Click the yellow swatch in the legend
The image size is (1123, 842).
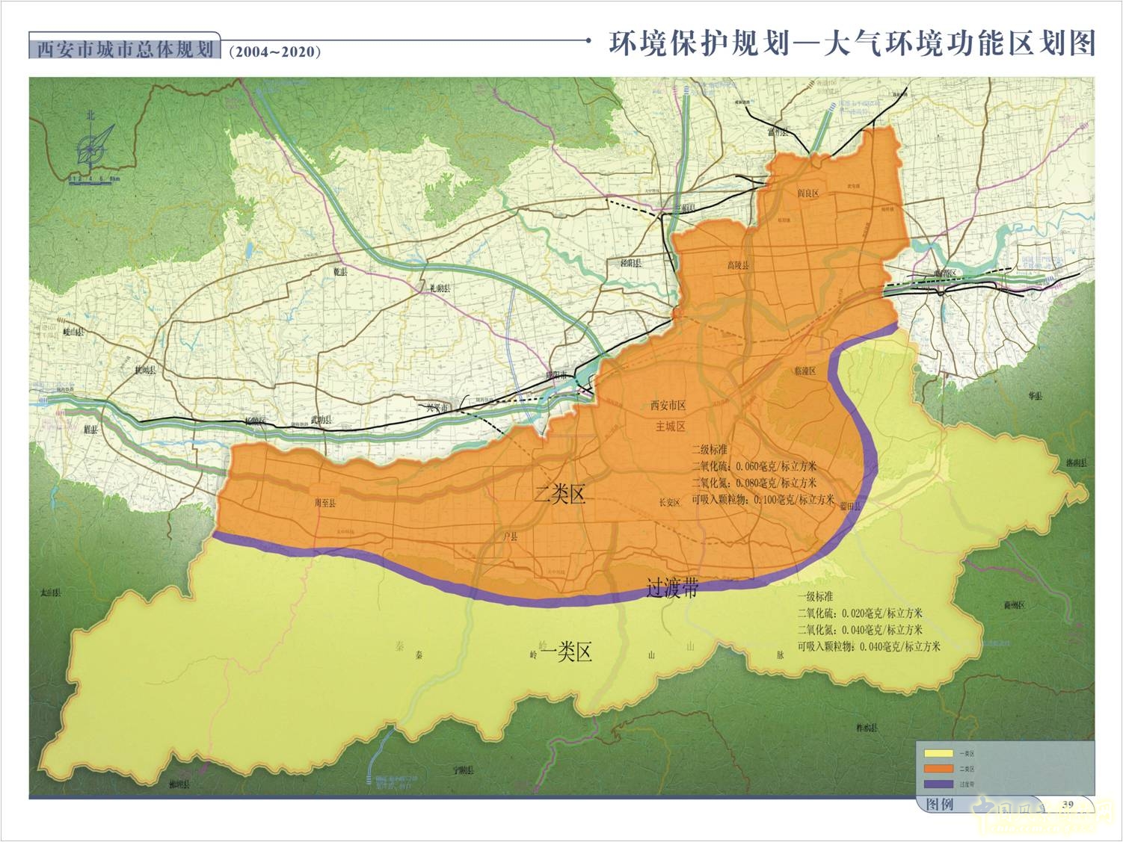939,754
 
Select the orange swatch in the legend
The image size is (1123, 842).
939,769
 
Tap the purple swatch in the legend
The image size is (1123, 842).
939,784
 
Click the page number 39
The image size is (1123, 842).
1067,804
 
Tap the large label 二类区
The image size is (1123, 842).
560,495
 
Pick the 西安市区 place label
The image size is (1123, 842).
668,406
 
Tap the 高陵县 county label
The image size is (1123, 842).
737,265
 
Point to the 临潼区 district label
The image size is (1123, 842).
805,371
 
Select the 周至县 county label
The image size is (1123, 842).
325,504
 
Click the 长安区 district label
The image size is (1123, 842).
669,503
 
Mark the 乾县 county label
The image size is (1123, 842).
340,272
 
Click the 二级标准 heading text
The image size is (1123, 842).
710,451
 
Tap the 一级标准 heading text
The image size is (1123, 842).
815,597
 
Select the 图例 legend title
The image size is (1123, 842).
940,805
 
